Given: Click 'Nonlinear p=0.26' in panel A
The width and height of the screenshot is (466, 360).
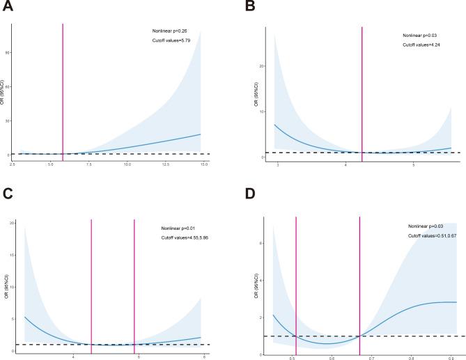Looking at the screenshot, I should [x=171, y=31].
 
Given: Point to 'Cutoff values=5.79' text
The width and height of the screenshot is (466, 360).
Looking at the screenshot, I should [x=171, y=40].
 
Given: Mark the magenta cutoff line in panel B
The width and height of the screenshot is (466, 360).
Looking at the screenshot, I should [x=362, y=91].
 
